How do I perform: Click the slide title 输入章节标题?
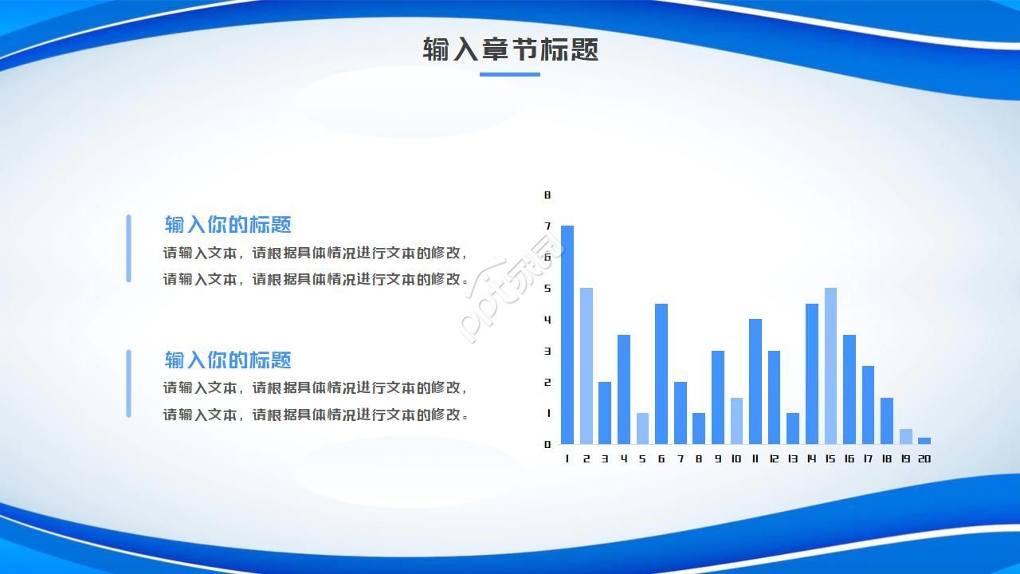pos(510,49)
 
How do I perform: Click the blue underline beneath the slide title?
pos(510,74)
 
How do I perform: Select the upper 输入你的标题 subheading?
pos(228,224)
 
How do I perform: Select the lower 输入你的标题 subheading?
pos(228,360)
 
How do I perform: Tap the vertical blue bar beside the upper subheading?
pos(128,248)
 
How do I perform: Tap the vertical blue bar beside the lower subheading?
pos(128,383)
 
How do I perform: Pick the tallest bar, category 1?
pos(567,335)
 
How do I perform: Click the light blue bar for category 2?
pos(586,366)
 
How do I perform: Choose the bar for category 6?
pos(661,374)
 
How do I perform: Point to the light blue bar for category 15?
pos(830,366)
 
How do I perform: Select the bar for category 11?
pos(755,381)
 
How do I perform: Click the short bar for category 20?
pos(924,440)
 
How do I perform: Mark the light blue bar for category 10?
pos(736,420)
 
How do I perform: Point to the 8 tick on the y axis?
pos(547,195)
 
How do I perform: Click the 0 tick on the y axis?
pos(547,444)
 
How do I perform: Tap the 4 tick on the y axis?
pos(547,320)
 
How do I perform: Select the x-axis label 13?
pos(792,458)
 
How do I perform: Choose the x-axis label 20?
pos(924,458)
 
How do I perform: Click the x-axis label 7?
pos(681,458)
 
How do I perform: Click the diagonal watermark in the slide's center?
pos(510,287)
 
